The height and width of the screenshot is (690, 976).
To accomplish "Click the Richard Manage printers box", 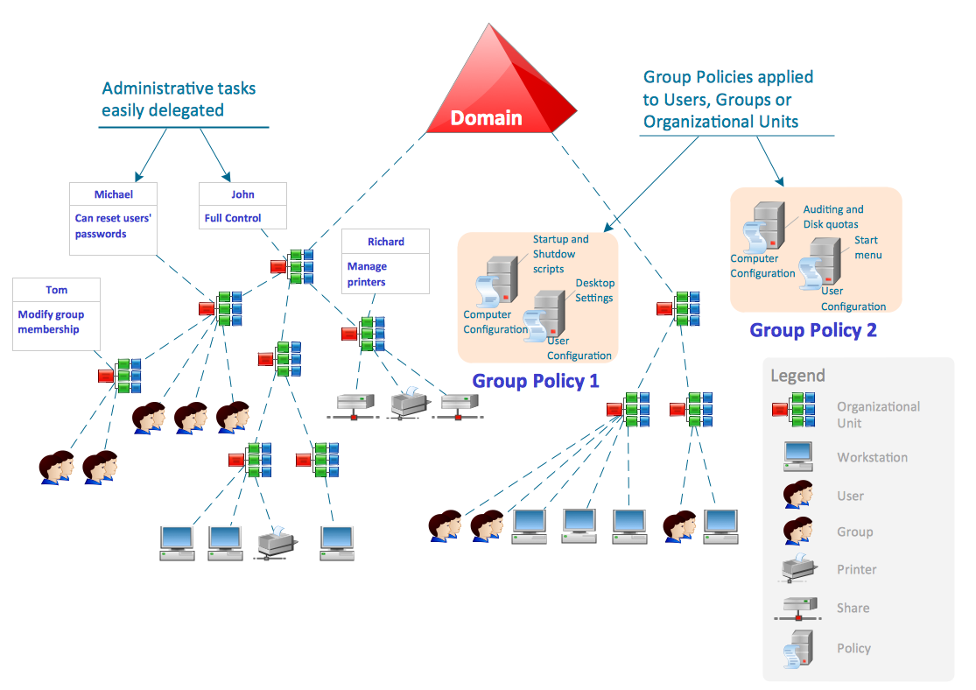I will tap(385, 261).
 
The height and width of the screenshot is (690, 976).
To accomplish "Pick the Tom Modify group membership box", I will tap(56, 313).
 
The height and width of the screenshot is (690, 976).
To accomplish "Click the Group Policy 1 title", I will tap(536, 381).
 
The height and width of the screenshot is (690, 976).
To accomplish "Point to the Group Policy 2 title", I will tap(812, 330).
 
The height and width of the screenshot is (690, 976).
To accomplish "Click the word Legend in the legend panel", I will tap(797, 376).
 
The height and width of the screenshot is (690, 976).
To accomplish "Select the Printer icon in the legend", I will tap(798, 569).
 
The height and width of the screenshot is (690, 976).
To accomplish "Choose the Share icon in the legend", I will tap(797, 609).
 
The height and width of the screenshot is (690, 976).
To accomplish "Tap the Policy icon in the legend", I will tap(797, 649).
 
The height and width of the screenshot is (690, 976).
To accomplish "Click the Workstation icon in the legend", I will tap(797, 456).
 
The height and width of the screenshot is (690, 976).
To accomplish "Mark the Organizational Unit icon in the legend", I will tap(794, 409).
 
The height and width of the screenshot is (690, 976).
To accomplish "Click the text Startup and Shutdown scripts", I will tap(560, 254).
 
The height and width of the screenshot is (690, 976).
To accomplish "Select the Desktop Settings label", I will tap(594, 291).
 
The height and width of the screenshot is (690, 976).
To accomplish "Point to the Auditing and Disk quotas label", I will tap(832, 216).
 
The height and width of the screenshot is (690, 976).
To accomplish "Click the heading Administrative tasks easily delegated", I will tap(179, 99).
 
